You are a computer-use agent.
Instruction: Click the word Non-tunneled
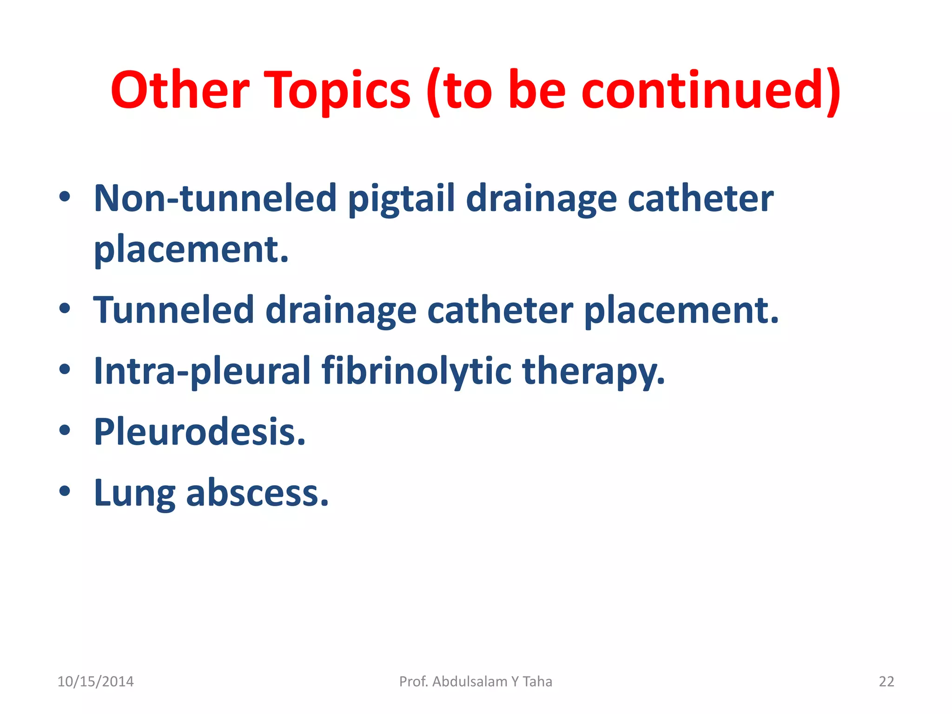coord(215,198)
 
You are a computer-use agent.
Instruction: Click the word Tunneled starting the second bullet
coord(173,310)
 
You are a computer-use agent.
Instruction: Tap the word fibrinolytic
coord(416,371)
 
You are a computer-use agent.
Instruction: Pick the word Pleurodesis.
coord(200,432)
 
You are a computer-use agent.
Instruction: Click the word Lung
coord(135,493)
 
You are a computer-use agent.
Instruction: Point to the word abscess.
coord(258,493)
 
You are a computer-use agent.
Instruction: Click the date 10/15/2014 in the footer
coord(95,681)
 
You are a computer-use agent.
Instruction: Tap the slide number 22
coord(886,681)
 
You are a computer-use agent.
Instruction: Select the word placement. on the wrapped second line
coord(191,250)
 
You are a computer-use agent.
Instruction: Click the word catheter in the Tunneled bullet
coord(500,310)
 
